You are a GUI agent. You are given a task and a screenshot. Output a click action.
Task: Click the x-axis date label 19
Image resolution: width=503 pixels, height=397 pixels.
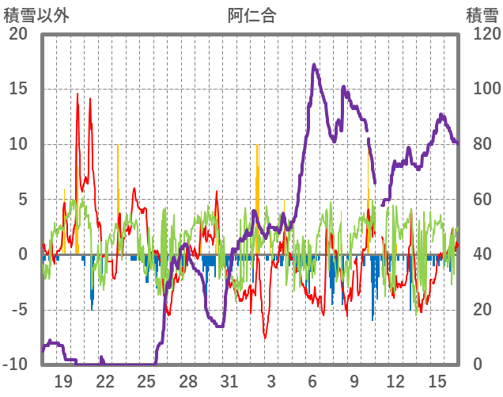63,381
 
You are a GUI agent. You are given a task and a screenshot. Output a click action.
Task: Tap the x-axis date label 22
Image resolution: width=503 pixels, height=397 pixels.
105,381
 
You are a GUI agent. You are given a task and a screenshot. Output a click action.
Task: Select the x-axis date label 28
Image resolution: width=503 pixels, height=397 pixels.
188,381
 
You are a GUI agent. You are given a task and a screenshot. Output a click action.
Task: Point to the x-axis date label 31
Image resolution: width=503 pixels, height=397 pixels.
229,381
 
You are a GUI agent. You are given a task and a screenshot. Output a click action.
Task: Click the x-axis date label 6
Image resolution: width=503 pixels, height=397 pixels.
313,381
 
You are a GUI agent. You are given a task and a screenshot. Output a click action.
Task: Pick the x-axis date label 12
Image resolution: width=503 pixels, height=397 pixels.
396,381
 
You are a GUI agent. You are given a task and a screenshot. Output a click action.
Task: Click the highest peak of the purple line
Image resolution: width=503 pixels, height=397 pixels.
314,65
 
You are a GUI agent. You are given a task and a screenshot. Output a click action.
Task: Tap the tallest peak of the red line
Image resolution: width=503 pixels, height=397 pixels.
78,94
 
